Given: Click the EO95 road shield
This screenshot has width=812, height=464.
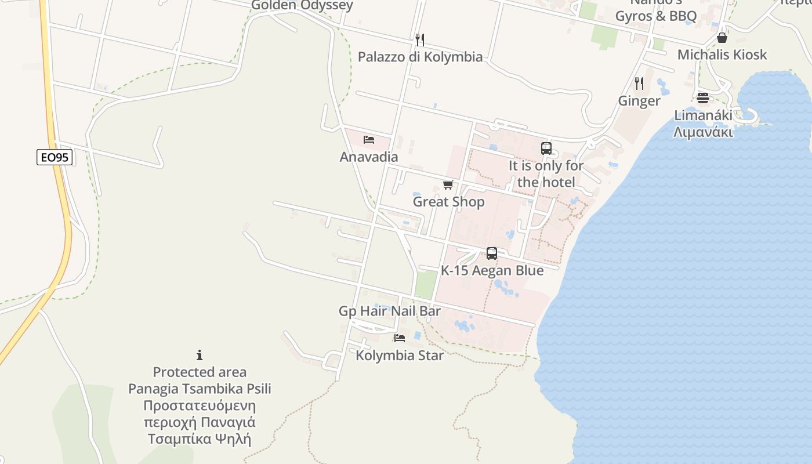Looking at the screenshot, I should click(x=55, y=157).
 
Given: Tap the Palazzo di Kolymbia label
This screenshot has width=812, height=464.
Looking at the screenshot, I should click(x=420, y=57).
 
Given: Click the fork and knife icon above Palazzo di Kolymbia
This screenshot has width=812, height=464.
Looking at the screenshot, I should click(x=420, y=39).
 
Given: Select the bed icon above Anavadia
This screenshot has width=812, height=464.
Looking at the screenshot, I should click(x=368, y=140).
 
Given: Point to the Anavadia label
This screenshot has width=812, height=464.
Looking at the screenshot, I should click(x=369, y=157).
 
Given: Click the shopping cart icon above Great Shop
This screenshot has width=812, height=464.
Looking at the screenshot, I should click(x=448, y=185).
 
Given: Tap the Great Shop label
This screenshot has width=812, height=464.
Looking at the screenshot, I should click(x=448, y=202).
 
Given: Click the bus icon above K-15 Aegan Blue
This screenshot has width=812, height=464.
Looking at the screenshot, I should click(x=492, y=253).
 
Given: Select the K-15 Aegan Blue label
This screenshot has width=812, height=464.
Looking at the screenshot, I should click(x=492, y=270).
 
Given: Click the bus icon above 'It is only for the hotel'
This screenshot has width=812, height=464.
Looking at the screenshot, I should click(x=546, y=148).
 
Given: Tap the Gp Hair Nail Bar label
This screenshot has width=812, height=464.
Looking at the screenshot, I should click(x=390, y=311).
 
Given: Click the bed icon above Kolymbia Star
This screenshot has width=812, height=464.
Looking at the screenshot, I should click(x=399, y=338).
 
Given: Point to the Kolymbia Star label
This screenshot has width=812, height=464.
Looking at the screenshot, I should click(x=400, y=356).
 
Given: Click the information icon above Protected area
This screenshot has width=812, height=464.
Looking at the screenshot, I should click(x=200, y=355).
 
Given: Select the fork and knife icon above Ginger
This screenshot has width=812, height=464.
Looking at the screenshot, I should click(x=639, y=84).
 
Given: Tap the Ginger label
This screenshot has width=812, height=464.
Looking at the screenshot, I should click(x=639, y=101).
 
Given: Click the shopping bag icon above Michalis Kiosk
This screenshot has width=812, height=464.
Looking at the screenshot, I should click(x=722, y=38).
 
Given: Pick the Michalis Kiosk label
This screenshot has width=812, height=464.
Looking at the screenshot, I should click(x=722, y=55).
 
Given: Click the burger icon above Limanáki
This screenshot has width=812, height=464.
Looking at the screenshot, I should click(x=703, y=97).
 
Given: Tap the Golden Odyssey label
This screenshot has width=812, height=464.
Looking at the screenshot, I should click(x=302, y=6).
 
